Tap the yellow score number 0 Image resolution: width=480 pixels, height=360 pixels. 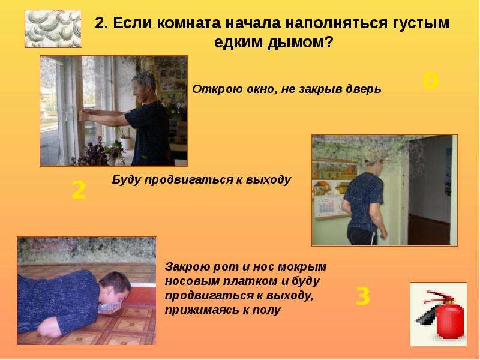click(x=431, y=81)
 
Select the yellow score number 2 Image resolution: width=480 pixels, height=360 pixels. click(x=79, y=190)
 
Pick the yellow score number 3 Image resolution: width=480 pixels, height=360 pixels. click(x=363, y=296)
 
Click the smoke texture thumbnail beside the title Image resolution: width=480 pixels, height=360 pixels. click(x=53, y=29)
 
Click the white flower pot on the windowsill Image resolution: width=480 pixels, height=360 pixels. click(x=126, y=143)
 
